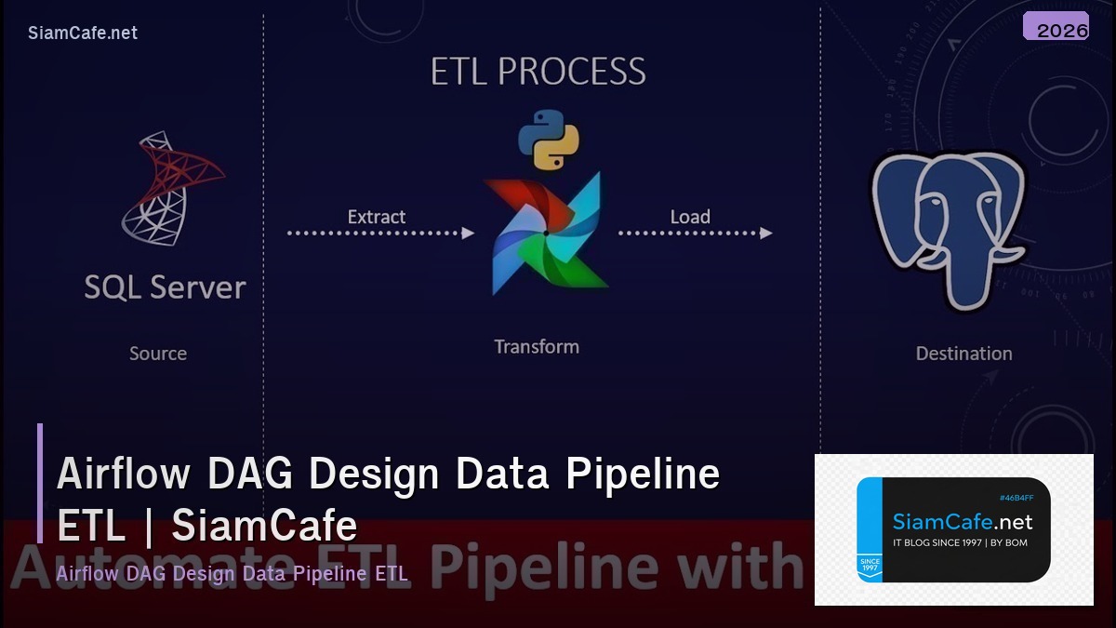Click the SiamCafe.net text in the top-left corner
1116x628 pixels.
pyautogui.click(x=83, y=33)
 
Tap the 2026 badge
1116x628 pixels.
pyautogui.click(x=1056, y=27)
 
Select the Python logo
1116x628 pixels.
pyautogui.click(x=549, y=140)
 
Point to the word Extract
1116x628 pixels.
pyautogui.click(x=376, y=217)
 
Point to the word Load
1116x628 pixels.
pyautogui.click(x=690, y=217)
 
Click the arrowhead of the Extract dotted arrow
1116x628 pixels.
pyautogui.click(x=469, y=233)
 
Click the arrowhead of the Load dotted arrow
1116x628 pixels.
pyautogui.click(x=765, y=233)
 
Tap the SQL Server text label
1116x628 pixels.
pyautogui.click(x=165, y=287)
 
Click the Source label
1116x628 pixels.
pyautogui.click(x=157, y=354)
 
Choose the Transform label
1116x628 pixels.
pyautogui.click(x=537, y=347)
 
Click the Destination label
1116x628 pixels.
pyautogui.click(x=963, y=354)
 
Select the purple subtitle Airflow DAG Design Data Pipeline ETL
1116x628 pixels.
pyautogui.click(x=232, y=573)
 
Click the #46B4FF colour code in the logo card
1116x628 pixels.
pyautogui.click(x=1016, y=498)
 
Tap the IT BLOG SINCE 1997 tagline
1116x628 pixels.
pyautogui.click(x=960, y=542)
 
